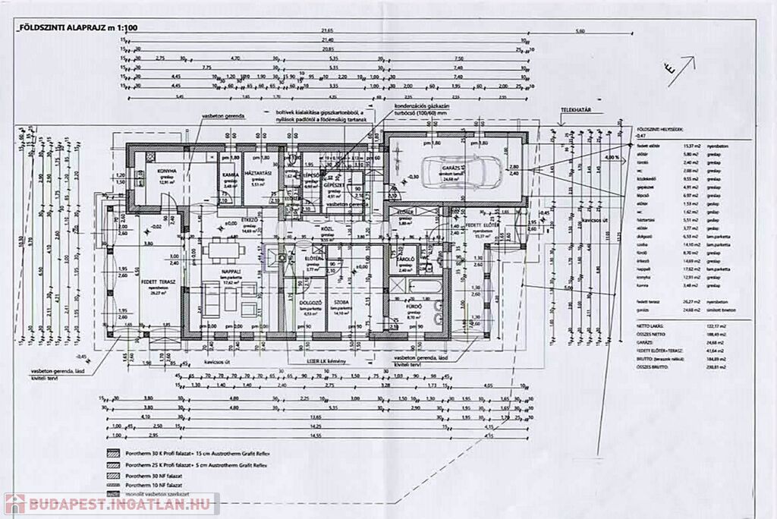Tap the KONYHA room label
(168, 171)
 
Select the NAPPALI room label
(230, 271)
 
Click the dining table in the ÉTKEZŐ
(223, 247)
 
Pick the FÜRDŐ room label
(412, 306)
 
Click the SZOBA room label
(340, 301)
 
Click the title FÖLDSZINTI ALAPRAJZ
(64, 27)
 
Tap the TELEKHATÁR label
(574, 109)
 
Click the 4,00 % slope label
(611, 156)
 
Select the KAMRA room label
(228, 174)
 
